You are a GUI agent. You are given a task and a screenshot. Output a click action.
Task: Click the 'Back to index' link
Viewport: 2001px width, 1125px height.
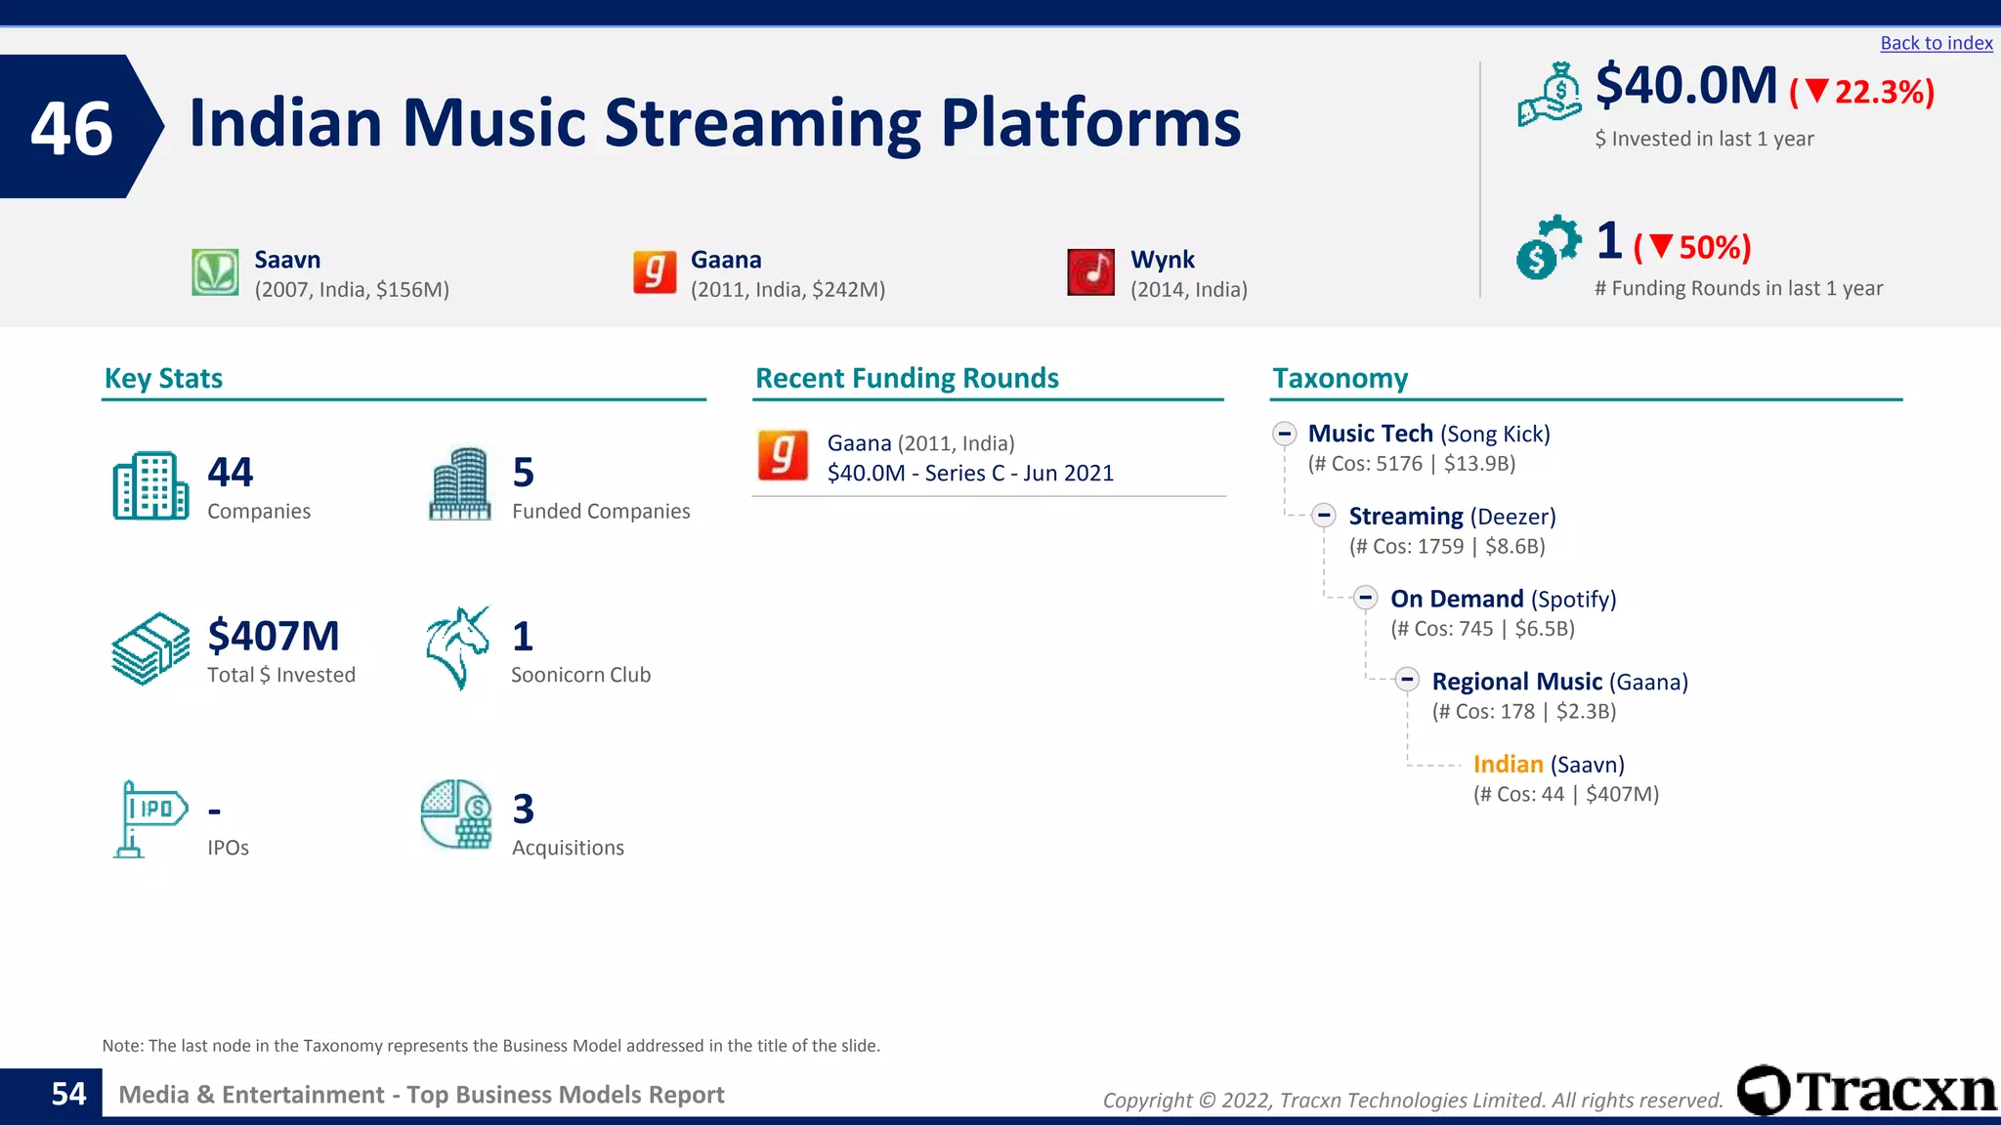1936,43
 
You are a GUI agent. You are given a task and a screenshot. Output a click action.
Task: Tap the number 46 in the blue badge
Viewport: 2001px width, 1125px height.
71,128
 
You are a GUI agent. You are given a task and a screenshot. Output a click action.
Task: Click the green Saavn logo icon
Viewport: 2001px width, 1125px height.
215,272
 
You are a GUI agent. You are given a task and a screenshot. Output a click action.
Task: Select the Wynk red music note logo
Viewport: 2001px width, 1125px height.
1090,272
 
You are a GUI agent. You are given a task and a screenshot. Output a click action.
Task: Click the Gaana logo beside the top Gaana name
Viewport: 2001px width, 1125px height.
655,272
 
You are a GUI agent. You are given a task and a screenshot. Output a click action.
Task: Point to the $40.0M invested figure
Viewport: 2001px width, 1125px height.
1686,86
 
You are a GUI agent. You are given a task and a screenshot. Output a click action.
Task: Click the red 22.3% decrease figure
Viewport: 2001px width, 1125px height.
1862,92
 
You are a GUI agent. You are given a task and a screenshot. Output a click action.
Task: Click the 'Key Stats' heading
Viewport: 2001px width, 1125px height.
163,379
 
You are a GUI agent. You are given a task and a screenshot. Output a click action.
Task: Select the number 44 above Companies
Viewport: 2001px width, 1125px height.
230,473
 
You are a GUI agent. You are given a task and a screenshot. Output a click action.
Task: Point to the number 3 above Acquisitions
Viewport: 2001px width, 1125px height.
524,810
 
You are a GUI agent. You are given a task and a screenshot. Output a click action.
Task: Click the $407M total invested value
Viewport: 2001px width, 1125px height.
274,637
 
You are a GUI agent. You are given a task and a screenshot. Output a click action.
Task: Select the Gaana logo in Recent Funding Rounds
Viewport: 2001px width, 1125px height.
783,456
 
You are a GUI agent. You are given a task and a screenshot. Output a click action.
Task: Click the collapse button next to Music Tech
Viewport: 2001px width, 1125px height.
1284,434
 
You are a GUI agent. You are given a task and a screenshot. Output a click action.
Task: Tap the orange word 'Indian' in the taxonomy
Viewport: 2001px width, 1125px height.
1508,765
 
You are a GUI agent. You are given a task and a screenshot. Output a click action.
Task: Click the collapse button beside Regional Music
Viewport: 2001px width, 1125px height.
1407,681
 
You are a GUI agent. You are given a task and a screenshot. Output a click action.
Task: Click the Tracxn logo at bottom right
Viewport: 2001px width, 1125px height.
1866,1091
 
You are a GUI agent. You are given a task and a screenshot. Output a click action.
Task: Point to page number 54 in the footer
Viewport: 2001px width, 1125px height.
68,1095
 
